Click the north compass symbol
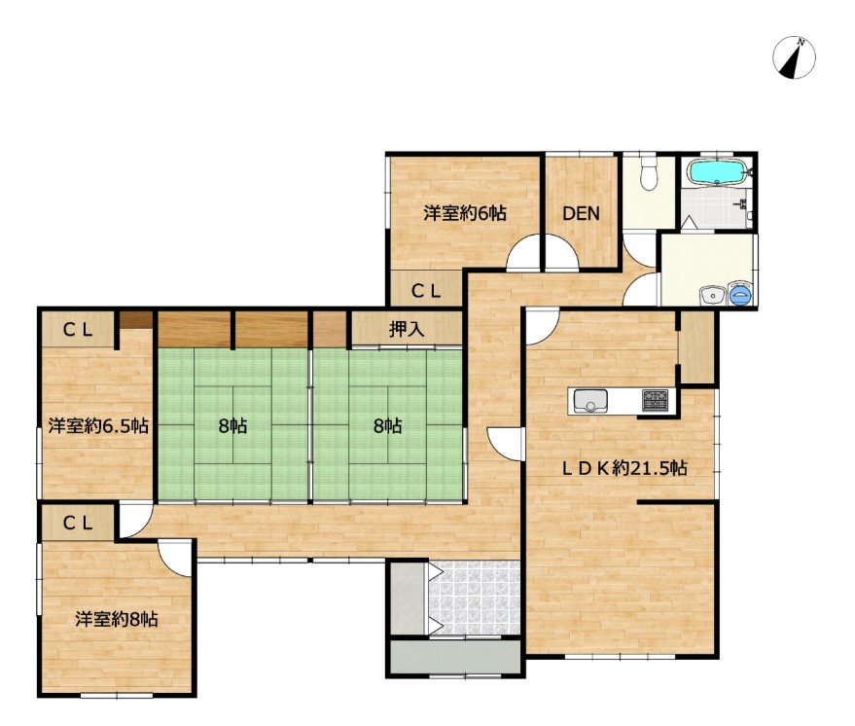coord(794,57)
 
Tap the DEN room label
coord(582,213)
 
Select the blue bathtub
coord(717,172)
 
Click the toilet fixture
coord(649,173)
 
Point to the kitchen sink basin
coord(590,401)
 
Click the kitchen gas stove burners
coord(655,400)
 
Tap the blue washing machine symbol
coord(740,294)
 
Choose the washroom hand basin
coord(712,296)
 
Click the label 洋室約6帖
coord(465,213)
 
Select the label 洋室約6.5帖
coord(98,425)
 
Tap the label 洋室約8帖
coord(117,619)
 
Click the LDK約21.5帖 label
coord(624,468)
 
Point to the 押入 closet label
coord(407,329)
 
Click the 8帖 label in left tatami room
coord(232,425)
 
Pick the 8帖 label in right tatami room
coord(388,425)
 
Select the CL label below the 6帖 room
coord(426,292)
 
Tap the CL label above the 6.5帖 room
coord(78,330)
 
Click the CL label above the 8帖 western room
coord(78,524)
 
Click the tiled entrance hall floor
coord(474,598)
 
